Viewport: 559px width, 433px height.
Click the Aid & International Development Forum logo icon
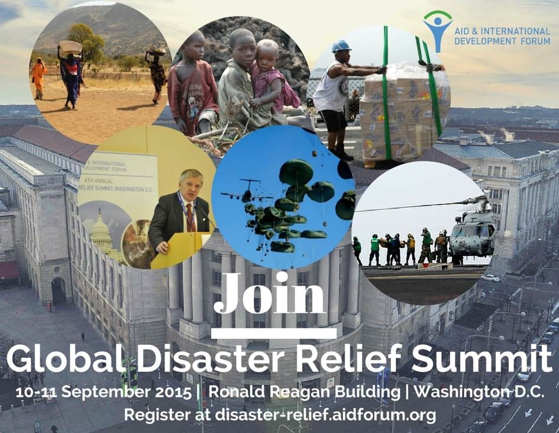[x=437, y=31]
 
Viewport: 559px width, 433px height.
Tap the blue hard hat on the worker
[x=341, y=46]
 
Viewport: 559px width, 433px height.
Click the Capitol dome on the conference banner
[x=101, y=231]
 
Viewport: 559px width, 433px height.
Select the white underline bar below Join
[x=273, y=334]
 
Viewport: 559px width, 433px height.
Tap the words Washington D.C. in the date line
[x=479, y=392]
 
